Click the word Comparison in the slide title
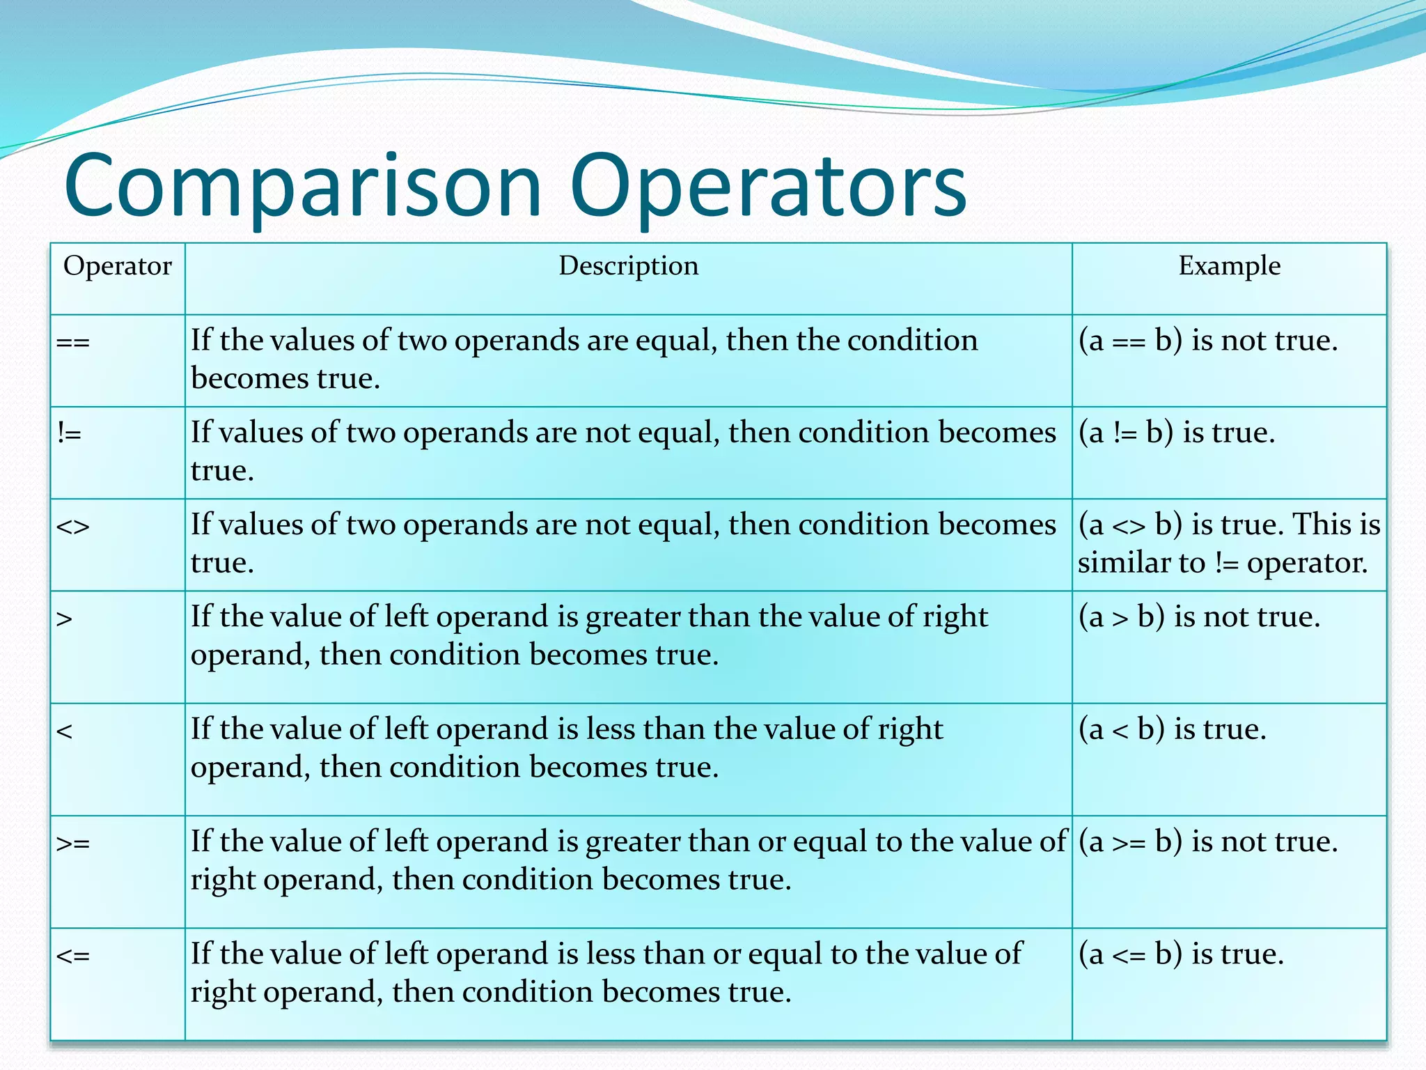pos(303,187)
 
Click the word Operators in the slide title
pos(768,187)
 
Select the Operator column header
pos(117,266)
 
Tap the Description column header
pos(628,266)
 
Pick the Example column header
pos(1229,266)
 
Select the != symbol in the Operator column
pos(70,433)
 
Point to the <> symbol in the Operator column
pos(73,526)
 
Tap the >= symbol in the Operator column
pos(73,844)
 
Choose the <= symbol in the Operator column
pos(73,956)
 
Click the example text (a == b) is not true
pos(1208,341)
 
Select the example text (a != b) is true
pos(1177,433)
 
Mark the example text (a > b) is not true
pos(1199,617)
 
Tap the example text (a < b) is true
pos(1173,729)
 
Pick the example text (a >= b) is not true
pos(1208,842)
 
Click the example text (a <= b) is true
pos(1181,954)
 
